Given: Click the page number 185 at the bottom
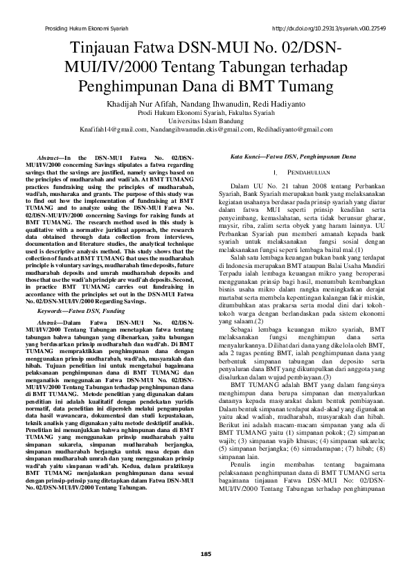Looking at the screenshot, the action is tap(206, 554).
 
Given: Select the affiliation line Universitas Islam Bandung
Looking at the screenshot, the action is tap(206, 119).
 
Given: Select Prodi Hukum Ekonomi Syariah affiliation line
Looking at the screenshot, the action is tap(206, 111).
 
